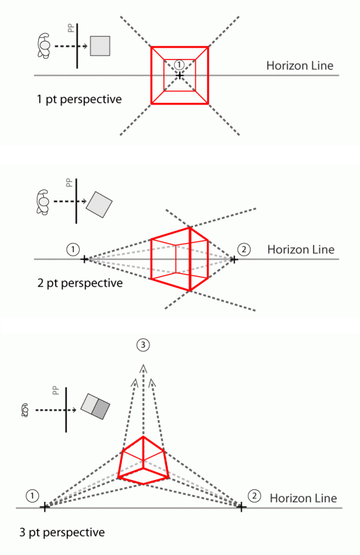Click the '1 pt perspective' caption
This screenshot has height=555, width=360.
tap(79, 100)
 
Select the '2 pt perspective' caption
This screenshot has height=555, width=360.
tap(80, 283)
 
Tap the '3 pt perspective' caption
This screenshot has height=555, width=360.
tap(62, 532)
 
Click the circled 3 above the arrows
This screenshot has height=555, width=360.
tap(143, 345)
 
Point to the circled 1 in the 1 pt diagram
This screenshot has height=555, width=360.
tap(179, 65)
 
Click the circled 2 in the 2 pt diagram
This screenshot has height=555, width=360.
tap(244, 249)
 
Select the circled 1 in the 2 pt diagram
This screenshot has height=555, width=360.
tap(73, 249)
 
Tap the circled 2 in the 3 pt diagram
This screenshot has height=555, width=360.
tap(254, 496)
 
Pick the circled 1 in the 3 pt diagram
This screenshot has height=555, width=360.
tap(32, 496)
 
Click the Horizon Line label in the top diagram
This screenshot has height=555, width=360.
tap(300, 66)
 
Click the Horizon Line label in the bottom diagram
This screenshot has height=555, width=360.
tap(303, 498)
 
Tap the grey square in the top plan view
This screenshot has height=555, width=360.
tap(100, 46)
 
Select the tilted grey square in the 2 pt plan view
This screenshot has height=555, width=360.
tap(99, 205)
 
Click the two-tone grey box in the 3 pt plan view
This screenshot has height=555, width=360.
tap(95, 407)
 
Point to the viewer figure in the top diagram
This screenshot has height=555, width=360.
tap(44, 46)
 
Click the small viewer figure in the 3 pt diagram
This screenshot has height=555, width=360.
tap(25, 410)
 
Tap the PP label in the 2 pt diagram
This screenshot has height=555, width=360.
tap(69, 183)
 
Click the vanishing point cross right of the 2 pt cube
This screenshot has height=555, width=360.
tap(234, 259)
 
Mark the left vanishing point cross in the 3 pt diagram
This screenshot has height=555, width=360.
tap(45, 507)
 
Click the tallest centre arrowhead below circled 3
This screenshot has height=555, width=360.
tap(143, 368)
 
